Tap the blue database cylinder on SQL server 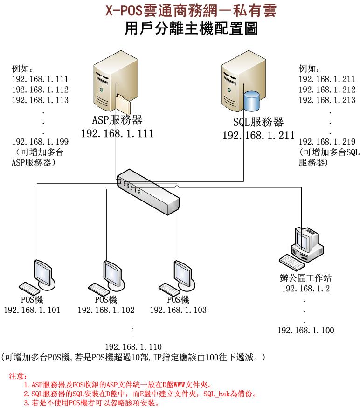251,101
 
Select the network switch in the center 148,189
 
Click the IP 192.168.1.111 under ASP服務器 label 117,134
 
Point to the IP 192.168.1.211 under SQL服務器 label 258,135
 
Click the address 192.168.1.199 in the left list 40,142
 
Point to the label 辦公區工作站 305,278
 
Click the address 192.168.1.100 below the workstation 305,331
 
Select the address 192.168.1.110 133,346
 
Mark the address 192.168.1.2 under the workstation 305,289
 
